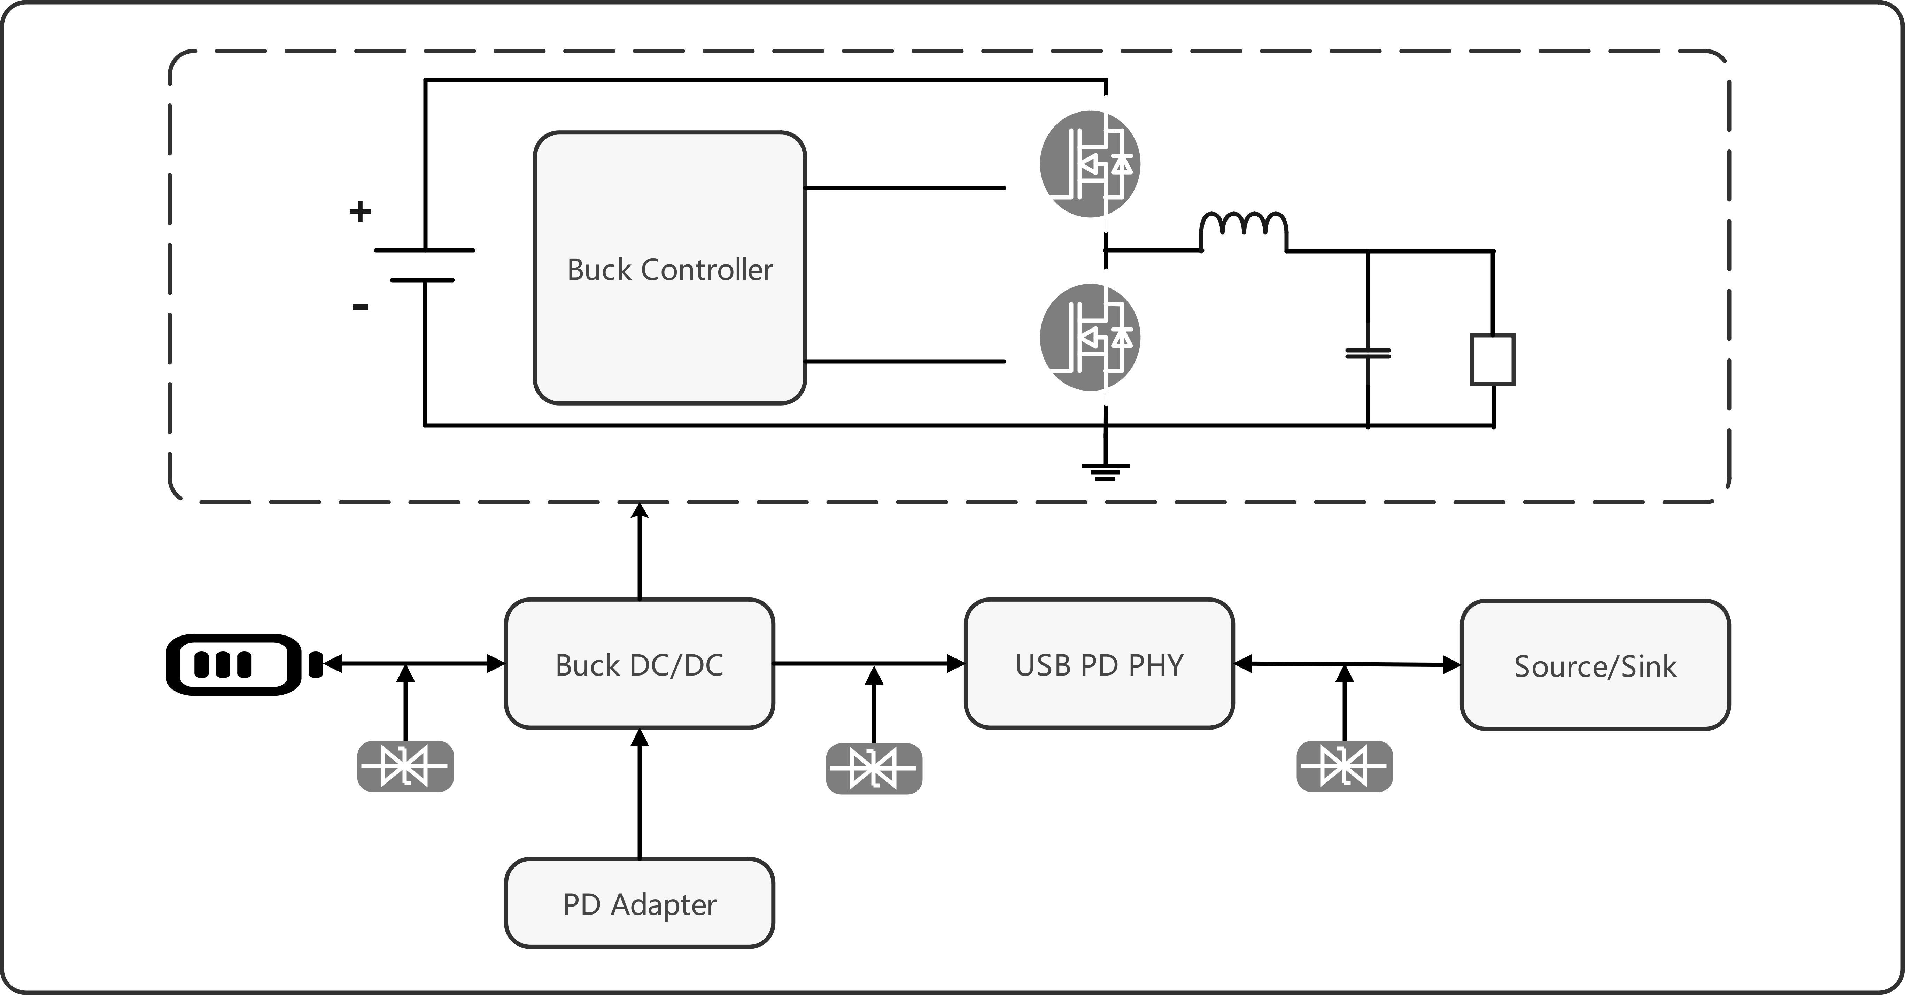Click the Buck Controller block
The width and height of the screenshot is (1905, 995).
(669, 268)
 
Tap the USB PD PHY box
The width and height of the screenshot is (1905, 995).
(1099, 664)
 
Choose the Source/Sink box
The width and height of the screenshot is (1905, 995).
(1595, 665)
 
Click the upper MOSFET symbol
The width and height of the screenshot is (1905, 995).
(1090, 163)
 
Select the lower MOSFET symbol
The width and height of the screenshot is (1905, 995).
(1090, 337)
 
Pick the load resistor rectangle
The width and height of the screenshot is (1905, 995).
(1492, 360)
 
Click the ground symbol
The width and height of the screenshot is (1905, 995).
(1105, 472)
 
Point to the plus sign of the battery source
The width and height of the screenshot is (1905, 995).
(360, 211)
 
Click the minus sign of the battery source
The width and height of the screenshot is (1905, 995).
(360, 306)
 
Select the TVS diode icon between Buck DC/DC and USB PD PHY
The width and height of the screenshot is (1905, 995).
(874, 769)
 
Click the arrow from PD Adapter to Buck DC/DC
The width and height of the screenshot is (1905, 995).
(640, 793)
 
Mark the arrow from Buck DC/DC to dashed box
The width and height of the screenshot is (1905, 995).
(640, 550)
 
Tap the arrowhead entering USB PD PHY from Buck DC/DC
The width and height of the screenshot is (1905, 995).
(956, 664)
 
